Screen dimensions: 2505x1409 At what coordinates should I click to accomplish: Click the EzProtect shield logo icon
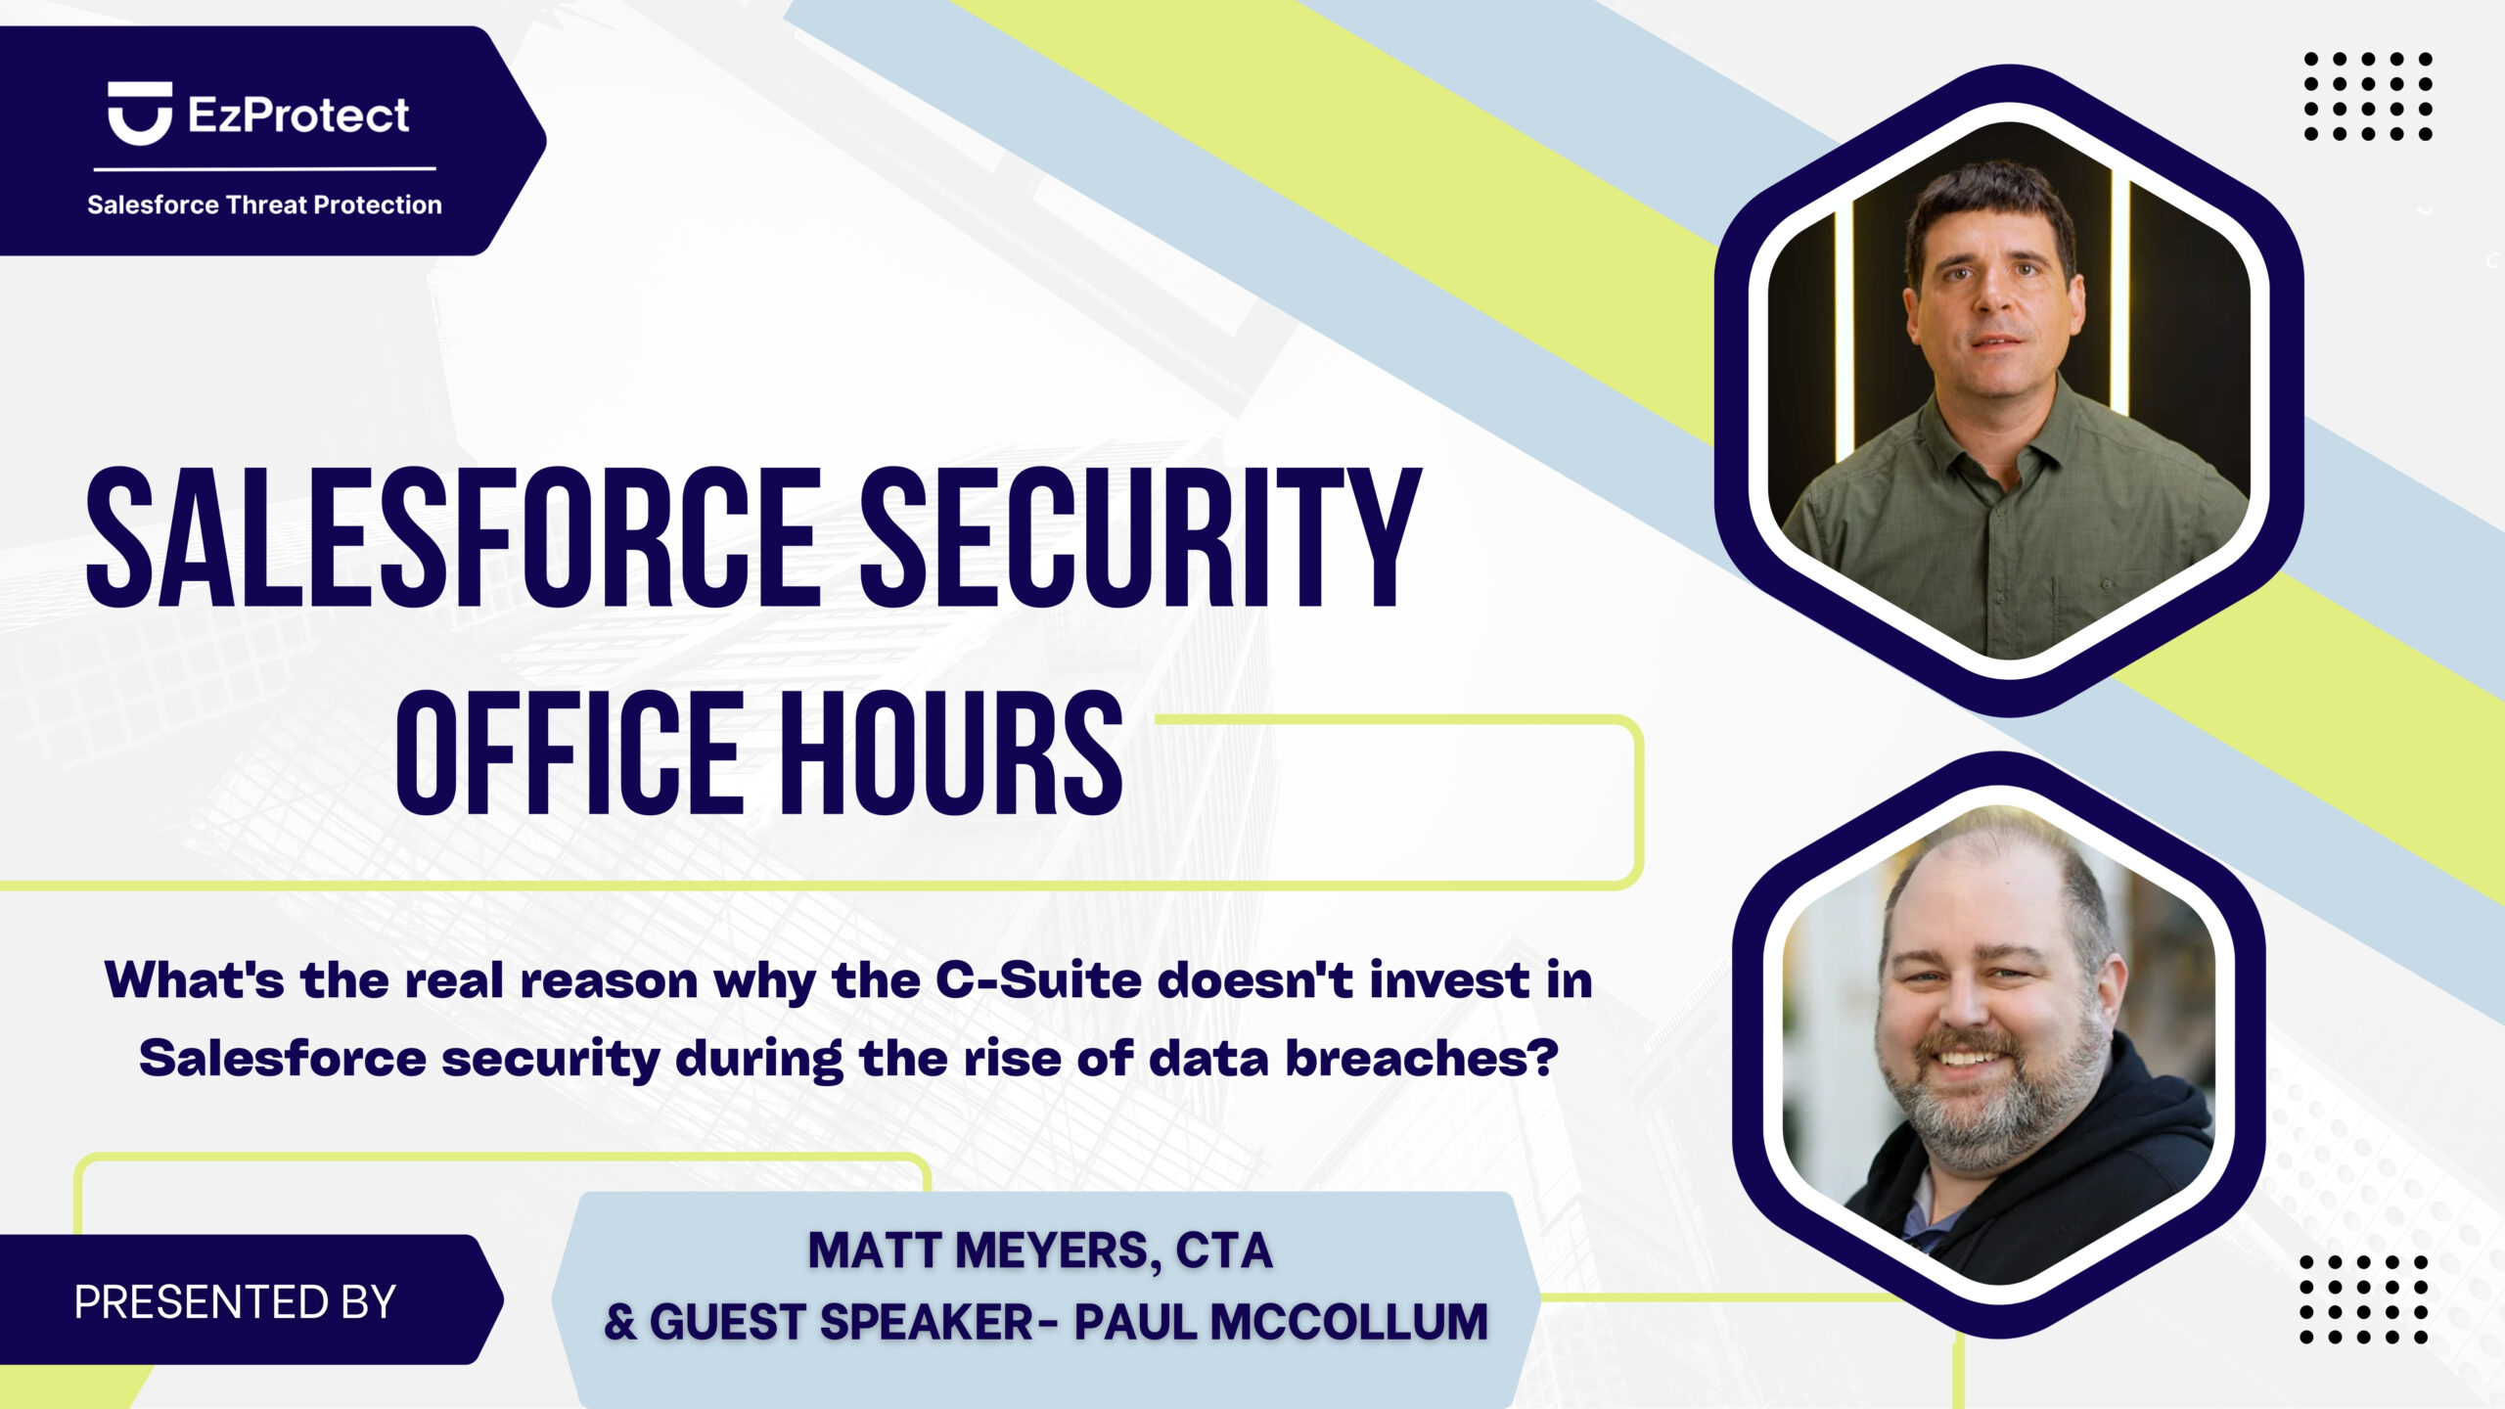point(140,114)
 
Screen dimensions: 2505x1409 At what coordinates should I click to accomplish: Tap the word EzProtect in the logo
point(298,115)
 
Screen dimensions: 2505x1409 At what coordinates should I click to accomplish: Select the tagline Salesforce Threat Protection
point(264,205)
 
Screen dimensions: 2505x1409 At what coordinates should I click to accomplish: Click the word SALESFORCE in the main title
point(453,537)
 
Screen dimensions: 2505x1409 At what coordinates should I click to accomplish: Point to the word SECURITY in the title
point(1141,537)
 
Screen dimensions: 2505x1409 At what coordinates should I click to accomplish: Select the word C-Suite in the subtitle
point(1038,980)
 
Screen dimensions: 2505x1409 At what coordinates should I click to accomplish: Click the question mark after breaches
point(1543,1057)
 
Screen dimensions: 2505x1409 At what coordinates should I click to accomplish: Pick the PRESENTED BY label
point(235,1302)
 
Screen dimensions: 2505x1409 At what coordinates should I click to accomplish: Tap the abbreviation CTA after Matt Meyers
point(1223,1250)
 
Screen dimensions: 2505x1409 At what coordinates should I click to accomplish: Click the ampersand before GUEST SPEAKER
point(620,1322)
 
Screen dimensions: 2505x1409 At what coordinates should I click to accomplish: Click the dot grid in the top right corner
point(2368,97)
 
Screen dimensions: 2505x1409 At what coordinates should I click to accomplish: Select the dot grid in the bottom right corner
point(2364,1299)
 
